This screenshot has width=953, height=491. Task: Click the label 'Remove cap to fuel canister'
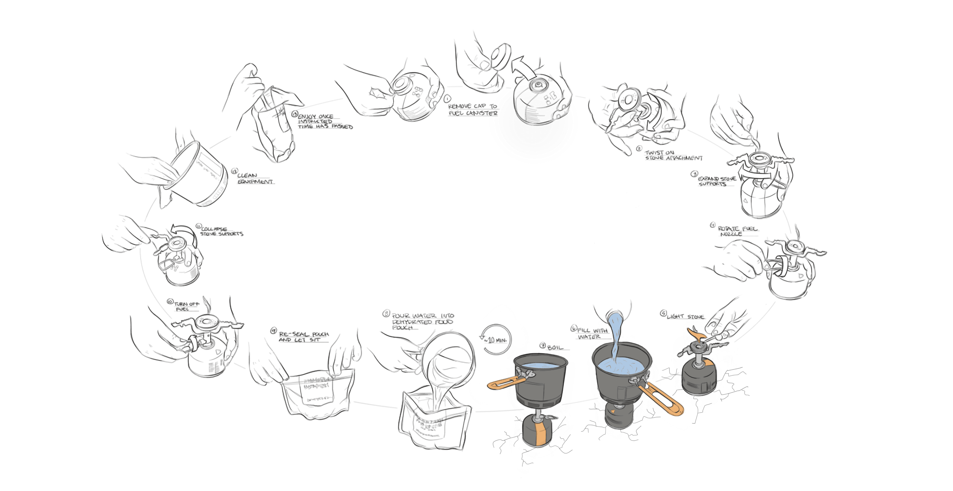(473, 110)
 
